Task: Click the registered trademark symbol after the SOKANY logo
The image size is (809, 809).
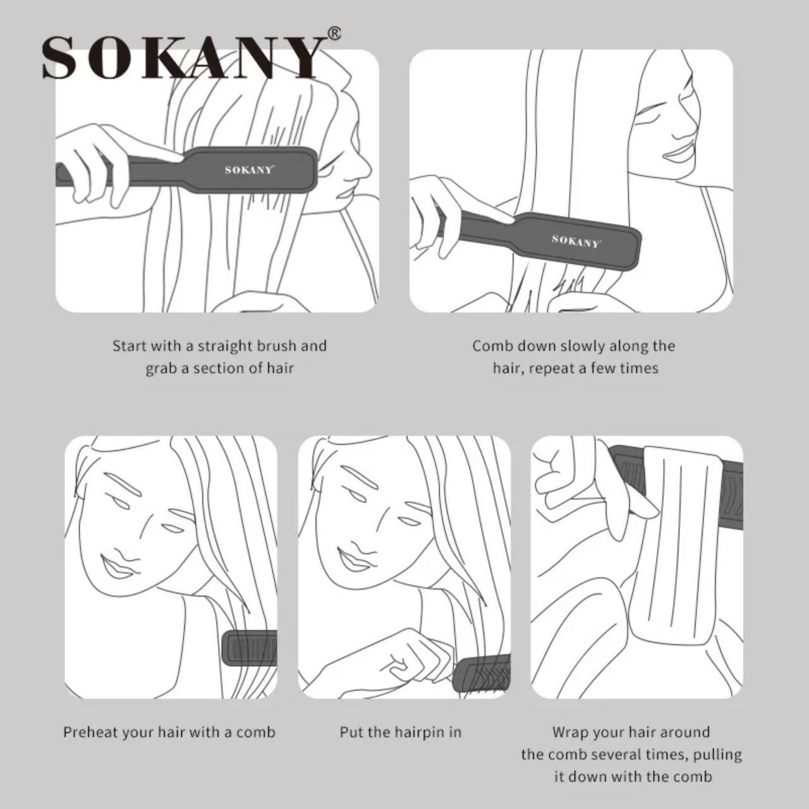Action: pos(334,33)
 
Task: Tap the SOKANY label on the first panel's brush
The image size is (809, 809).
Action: pos(249,169)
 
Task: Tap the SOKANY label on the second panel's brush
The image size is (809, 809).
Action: pos(575,241)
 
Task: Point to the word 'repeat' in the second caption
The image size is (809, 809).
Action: pos(552,368)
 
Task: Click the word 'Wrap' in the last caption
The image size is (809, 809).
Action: pos(571,733)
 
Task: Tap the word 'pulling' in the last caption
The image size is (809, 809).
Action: pos(719,755)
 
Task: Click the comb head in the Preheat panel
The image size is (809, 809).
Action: pos(251,648)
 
